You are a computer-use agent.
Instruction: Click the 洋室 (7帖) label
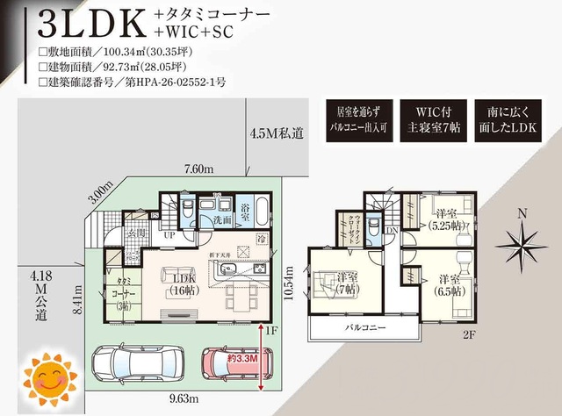[345, 283]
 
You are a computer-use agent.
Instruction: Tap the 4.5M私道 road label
[277, 133]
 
